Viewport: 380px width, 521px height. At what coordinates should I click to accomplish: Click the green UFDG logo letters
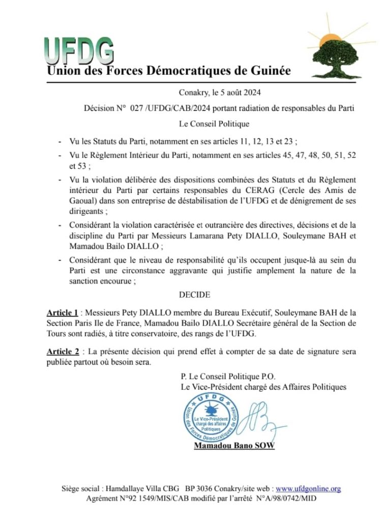click(x=79, y=50)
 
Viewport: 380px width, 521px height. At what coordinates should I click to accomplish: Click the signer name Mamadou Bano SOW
click(x=234, y=446)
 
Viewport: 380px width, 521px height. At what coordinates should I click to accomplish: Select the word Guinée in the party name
click(x=272, y=71)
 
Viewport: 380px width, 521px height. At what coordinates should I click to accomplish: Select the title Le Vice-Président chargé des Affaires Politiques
click(x=264, y=388)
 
